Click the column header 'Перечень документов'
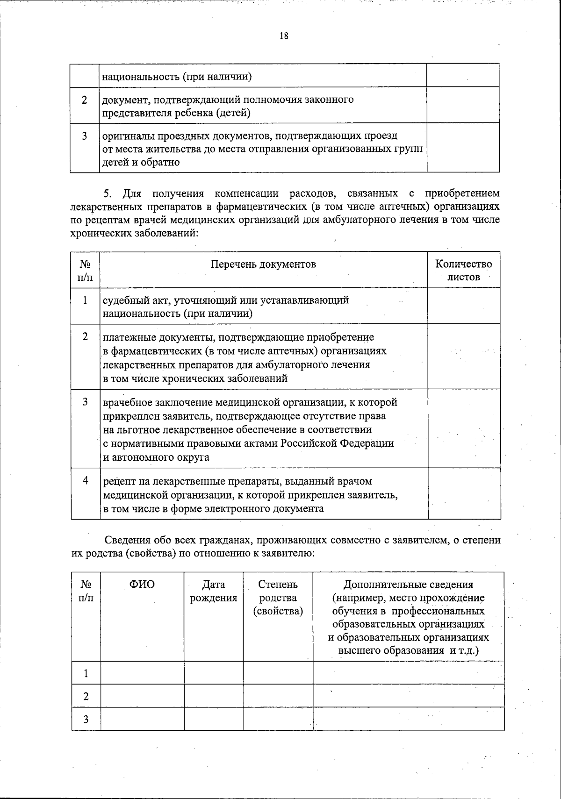[263, 264]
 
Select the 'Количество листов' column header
[464, 270]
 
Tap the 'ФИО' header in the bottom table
[142, 585]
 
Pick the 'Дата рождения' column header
[214, 591]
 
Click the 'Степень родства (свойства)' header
[278, 598]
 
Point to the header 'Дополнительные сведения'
[408, 585]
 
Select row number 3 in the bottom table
[86, 719]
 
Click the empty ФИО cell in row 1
[142, 673]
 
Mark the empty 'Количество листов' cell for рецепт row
[464, 493]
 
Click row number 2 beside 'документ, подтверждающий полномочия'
[85, 100]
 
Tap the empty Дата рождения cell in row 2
[214, 696]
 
